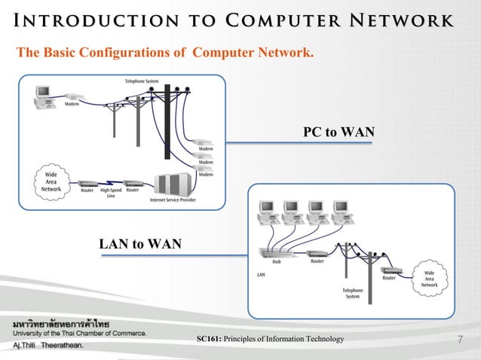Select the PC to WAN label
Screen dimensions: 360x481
(x=339, y=133)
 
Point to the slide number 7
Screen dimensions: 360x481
(x=461, y=340)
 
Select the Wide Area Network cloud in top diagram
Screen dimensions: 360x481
(x=51, y=182)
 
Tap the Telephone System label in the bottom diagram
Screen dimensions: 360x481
(x=352, y=293)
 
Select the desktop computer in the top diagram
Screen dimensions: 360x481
(x=41, y=94)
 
